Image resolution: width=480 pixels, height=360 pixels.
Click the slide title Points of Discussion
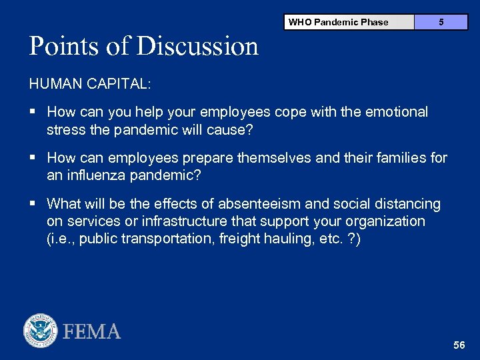(x=143, y=46)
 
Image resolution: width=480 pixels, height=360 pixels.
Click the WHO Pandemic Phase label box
(x=339, y=22)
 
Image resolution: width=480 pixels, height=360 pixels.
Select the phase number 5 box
(x=441, y=22)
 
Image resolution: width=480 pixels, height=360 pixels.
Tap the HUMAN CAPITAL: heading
(x=90, y=84)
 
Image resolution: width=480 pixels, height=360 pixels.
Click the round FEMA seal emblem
(x=41, y=331)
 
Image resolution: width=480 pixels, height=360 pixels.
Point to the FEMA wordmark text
(x=91, y=331)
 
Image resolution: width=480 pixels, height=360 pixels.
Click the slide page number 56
(x=459, y=345)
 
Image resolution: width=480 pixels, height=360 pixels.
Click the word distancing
(x=409, y=203)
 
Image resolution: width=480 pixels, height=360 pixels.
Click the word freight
(x=238, y=239)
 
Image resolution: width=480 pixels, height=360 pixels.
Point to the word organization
(x=386, y=221)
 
